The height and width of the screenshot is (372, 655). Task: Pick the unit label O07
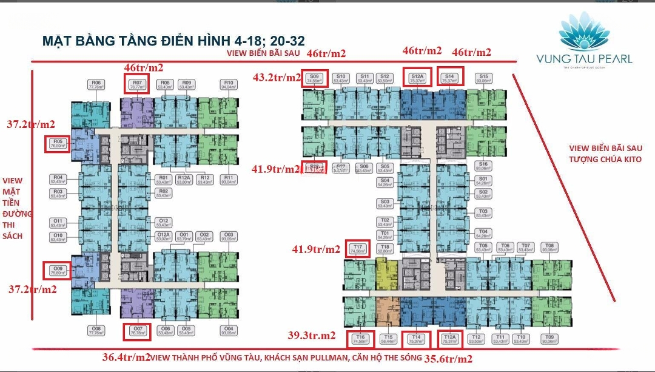[x=136, y=331]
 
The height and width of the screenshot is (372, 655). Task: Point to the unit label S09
[x=314, y=78]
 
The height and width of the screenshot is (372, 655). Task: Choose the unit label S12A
[x=415, y=78]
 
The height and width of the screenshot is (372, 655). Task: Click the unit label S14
[x=449, y=78]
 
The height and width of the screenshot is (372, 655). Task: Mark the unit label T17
[x=358, y=248]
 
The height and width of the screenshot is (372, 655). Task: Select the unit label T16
[x=360, y=339]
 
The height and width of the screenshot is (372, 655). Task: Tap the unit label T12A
[x=449, y=339]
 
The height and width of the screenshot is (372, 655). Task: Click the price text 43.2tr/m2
[x=277, y=78]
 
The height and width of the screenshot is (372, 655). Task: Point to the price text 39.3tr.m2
[x=312, y=336]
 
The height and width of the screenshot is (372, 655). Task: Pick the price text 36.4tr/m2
[x=126, y=357]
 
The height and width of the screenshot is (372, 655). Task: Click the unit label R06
[x=96, y=85]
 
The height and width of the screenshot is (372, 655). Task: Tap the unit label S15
[x=483, y=78]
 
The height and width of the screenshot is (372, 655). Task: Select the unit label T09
[x=549, y=339]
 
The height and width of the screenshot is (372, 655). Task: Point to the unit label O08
[x=96, y=331]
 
